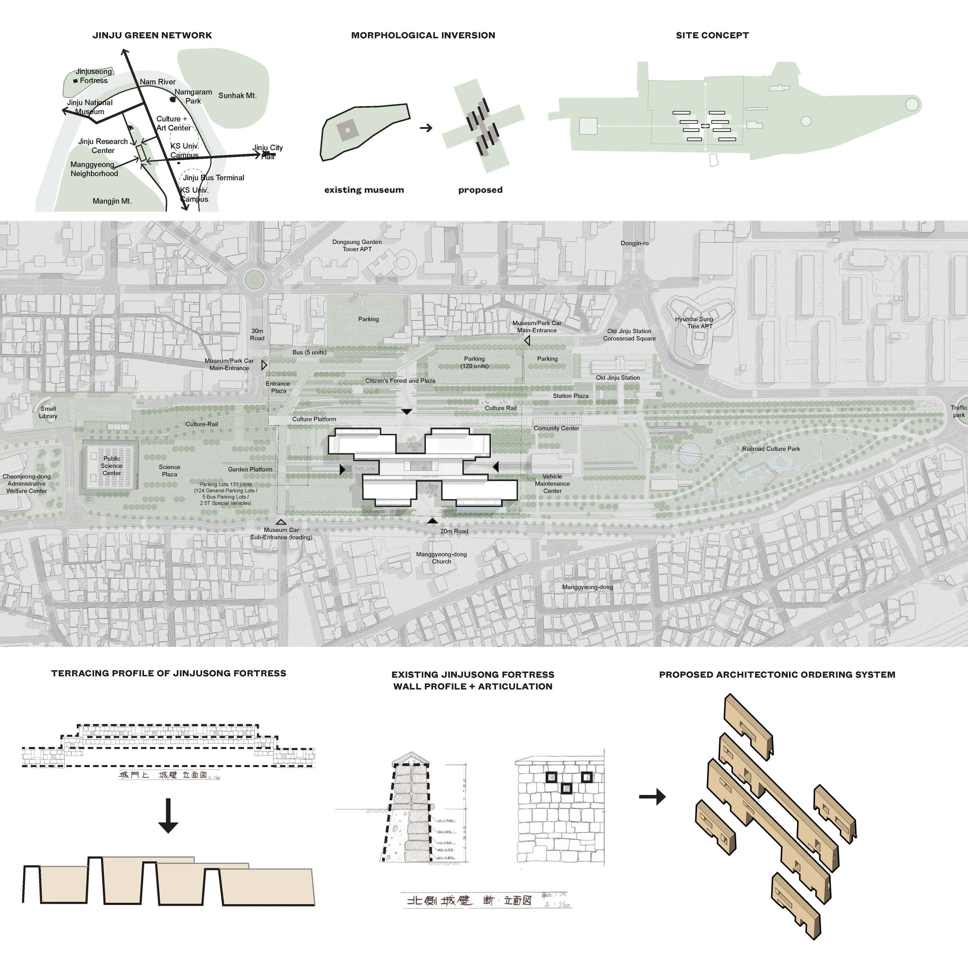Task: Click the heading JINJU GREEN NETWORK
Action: click(152, 35)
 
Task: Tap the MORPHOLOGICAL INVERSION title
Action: click(423, 35)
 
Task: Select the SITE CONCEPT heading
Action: click(712, 35)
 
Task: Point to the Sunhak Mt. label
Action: click(237, 95)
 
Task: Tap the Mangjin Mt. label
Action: click(112, 201)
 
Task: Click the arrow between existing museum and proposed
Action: click(426, 128)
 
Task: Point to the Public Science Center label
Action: click(112, 466)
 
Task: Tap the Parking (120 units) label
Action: click(474, 362)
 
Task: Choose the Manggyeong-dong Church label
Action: click(441, 558)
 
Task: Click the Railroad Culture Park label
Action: click(771, 449)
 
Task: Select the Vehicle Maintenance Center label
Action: click(552, 484)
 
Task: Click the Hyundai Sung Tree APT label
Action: click(693, 323)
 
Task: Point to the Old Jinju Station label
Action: click(617, 378)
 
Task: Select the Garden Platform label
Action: click(250, 469)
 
